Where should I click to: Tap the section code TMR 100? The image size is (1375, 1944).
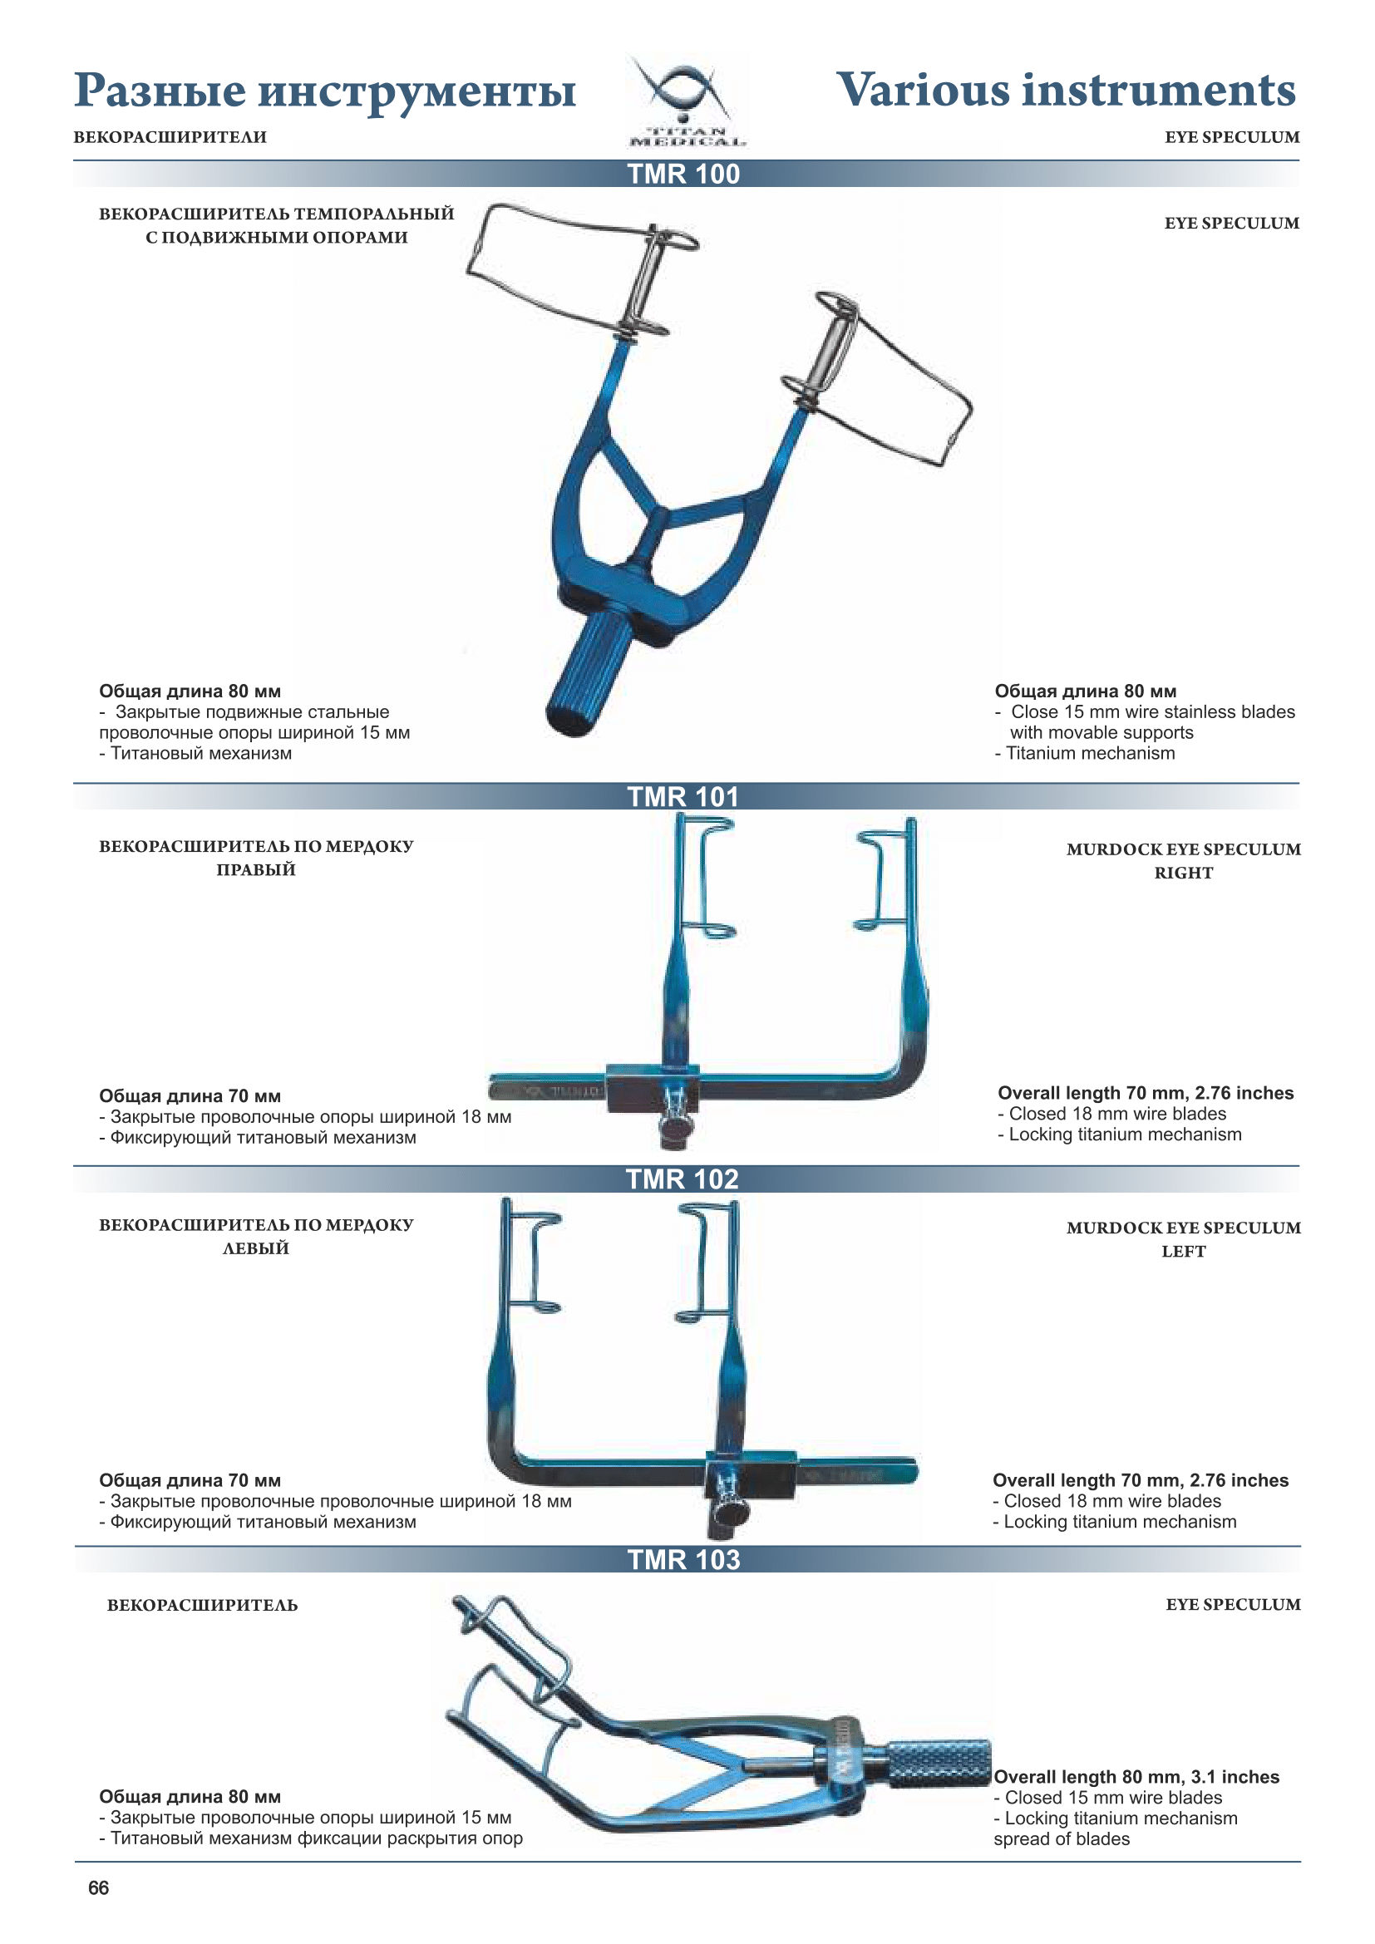click(683, 175)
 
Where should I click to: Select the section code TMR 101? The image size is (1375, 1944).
click(683, 797)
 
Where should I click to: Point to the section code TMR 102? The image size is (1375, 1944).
click(682, 1179)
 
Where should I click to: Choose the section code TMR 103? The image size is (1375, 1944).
click(683, 1558)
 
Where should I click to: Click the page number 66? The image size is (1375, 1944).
click(98, 1887)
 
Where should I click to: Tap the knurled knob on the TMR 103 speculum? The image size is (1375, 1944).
click(937, 1764)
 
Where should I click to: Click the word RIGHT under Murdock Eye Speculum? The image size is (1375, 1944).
click(1183, 873)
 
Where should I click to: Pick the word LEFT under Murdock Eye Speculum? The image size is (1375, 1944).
click(1183, 1252)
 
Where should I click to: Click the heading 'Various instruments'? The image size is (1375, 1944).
click(1065, 91)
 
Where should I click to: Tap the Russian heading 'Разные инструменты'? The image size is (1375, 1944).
click(324, 91)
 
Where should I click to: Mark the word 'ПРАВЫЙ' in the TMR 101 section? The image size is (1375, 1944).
click(256, 869)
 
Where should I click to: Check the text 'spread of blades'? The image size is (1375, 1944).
click(1061, 1839)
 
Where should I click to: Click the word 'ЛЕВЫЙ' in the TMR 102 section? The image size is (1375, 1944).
click(256, 1248)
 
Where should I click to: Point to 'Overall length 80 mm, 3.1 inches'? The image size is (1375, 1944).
click(1136, 1777)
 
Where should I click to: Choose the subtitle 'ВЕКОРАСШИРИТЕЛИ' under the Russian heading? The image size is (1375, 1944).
click(170, 137)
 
